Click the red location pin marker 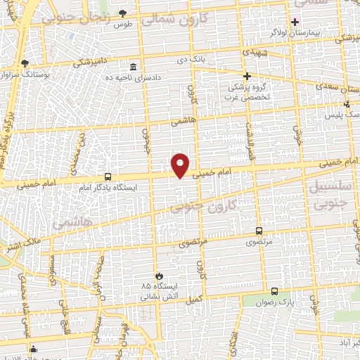pos(181,165)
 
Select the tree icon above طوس pos(123,13)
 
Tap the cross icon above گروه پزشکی pos(246,76)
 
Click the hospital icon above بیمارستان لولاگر pos(295,22)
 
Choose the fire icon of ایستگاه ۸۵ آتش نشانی pos(160,276)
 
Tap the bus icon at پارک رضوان pos(274,290)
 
